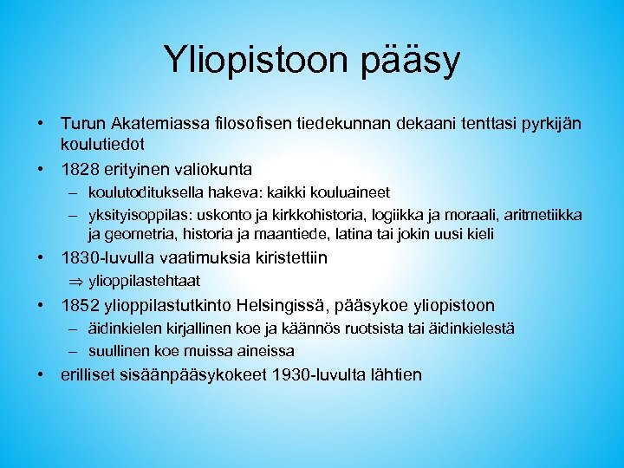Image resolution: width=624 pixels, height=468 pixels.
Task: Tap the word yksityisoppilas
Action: click(136, 214)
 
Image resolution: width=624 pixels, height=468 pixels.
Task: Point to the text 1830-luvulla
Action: click(107, 258)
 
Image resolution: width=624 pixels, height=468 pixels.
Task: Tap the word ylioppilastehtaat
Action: click(145, 281)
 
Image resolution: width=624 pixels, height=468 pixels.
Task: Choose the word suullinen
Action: click(117, 351)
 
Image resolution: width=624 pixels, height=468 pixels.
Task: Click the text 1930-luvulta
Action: click(314, 374)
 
